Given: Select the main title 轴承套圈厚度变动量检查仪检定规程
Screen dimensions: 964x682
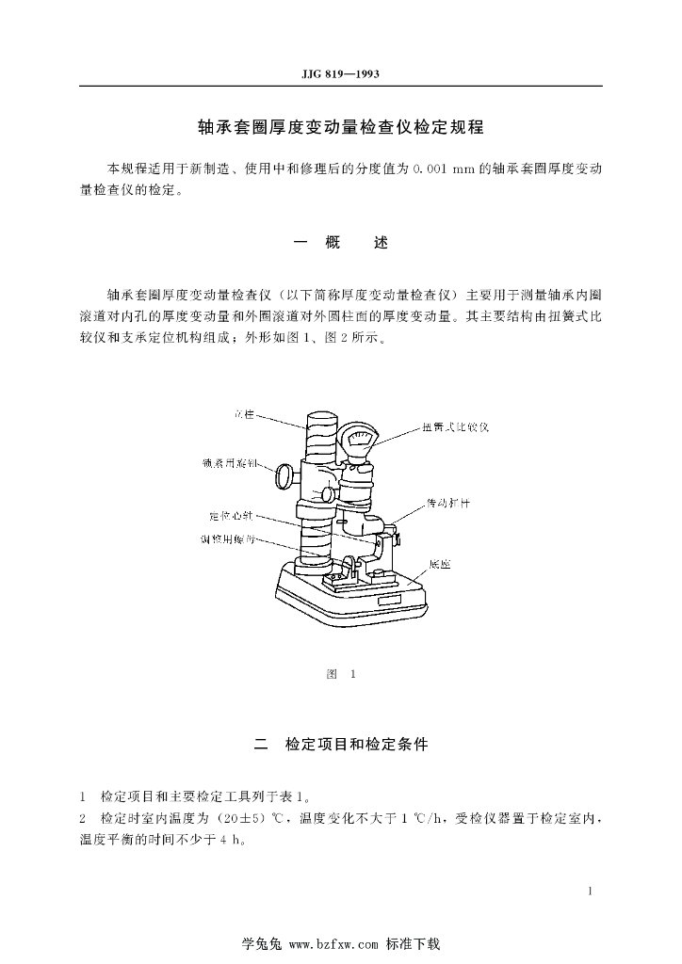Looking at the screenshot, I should [x=340, y=125].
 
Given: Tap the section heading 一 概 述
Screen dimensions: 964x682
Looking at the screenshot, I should [x=340, y=243].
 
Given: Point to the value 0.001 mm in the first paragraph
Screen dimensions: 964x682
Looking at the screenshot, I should [x=446, y=169].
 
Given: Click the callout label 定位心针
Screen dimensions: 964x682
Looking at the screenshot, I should [x=231, y=516].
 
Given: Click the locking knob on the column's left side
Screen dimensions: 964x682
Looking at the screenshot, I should [x=283, y=476].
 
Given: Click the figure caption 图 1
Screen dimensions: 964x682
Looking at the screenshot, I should [x=340, y=674].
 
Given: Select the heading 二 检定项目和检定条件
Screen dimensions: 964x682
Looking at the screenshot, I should [x=341, y=745].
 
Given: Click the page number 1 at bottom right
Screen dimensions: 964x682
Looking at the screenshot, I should [x=589, y=891].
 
